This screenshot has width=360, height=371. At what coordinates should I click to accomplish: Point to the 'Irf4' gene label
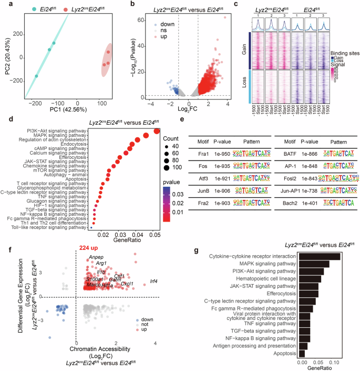[x=156, y=282]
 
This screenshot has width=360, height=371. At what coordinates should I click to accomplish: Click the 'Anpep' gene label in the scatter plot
[x=96, y=257]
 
